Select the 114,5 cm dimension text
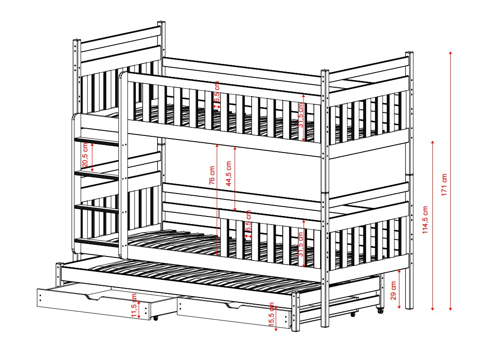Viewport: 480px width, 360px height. coord(425,220)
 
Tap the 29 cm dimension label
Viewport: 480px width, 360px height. coord(394,290)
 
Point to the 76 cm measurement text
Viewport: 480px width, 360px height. coord(212,175)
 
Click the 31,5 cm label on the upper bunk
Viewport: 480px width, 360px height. coord(301,115)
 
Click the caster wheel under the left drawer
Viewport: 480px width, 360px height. coord(155,318)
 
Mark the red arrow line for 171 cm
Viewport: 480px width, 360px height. coord(451,180)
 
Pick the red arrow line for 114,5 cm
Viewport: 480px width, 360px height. coord(433,225)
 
